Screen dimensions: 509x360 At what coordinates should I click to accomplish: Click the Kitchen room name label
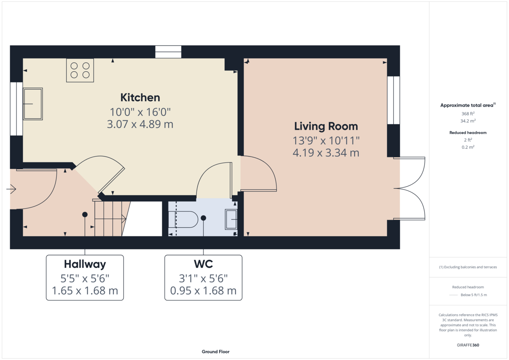click(140, 98)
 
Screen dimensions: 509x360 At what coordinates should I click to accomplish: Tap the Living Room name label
click(326, 126)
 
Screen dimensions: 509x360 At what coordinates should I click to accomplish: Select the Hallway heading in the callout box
click(85, 264)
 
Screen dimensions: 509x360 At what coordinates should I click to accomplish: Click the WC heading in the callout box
click(203, 264)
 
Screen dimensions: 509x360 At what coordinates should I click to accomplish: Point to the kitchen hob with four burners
click(80, 70)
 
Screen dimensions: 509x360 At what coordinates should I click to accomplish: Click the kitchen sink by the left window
click(33, 104)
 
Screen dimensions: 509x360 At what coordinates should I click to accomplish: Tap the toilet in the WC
click(183, 219)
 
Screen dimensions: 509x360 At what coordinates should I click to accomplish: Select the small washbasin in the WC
click(231, 219)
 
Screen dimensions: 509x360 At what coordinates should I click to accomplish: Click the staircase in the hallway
click(111, 218)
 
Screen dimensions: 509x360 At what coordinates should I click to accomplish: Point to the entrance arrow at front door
click(11, 189)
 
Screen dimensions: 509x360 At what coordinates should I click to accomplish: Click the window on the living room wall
click(393, 100)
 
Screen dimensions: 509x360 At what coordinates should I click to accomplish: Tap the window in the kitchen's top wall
click(168, 52)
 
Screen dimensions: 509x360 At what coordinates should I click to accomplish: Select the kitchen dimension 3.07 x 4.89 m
click(140, 124)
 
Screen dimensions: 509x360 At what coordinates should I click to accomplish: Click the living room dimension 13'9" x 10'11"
click(326, 141)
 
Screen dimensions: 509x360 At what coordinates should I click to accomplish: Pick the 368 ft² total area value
click(468, 114)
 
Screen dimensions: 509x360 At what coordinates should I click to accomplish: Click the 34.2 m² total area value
click(468, 121)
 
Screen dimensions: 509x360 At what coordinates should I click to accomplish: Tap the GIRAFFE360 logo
click(468, 345)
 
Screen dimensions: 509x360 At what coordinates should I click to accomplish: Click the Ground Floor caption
click(215, 352)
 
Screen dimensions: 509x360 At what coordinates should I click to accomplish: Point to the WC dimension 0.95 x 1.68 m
click(203, 291)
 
